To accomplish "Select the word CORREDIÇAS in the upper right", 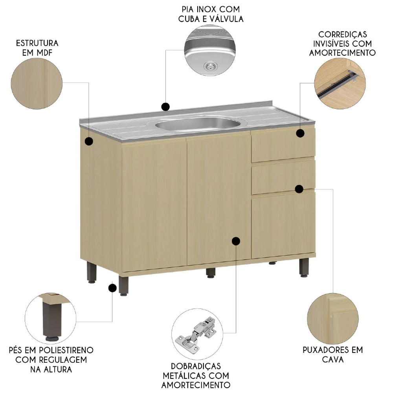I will pos(343,35).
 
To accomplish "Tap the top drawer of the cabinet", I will pos(283,145).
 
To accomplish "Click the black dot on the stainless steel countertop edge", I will pos(166,107).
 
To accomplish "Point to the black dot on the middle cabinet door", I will pos(236,241).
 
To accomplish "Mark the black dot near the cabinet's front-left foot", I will pos(112,288).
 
